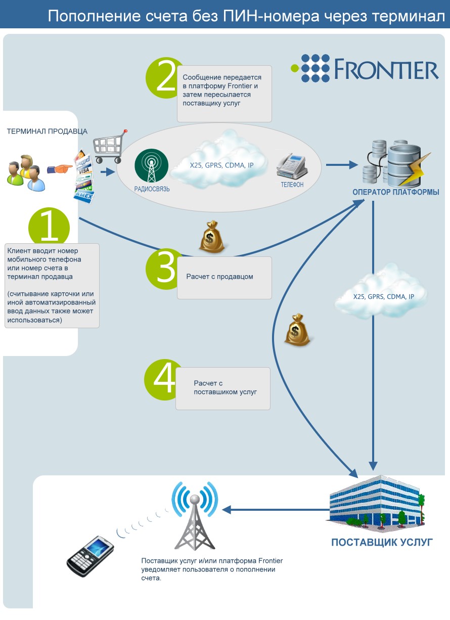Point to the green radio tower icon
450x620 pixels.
tap(151, 165)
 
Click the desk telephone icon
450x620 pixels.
tap(291, 165)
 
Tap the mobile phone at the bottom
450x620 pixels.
tap(90, 556)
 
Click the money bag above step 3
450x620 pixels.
tap(212, 237)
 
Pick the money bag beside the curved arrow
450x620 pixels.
tap(297, 330)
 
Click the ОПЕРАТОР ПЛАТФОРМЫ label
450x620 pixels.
tap(396, 192)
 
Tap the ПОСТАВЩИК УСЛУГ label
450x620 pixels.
tap(382, 543)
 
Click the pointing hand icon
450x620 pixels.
tap(60, 168)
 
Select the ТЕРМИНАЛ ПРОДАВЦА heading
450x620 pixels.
tap(47, 131)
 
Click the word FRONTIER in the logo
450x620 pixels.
tap(387, 69)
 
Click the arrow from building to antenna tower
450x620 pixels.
tap(276, 510)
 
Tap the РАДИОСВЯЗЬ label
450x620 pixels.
tap(152, 189)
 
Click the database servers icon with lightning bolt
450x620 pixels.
tap(396, 163)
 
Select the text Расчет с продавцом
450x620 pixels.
tap(220, 277)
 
